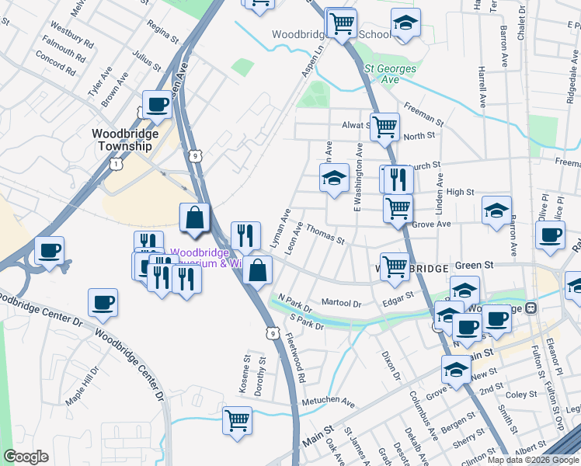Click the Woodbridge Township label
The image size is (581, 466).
125,140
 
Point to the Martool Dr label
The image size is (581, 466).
343,304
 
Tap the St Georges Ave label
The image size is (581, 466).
391,74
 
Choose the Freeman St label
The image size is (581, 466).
423,117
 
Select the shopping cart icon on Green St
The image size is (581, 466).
395,266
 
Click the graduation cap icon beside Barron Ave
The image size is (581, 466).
496,210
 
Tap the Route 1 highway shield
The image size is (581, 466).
116,164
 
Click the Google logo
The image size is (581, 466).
26,457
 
